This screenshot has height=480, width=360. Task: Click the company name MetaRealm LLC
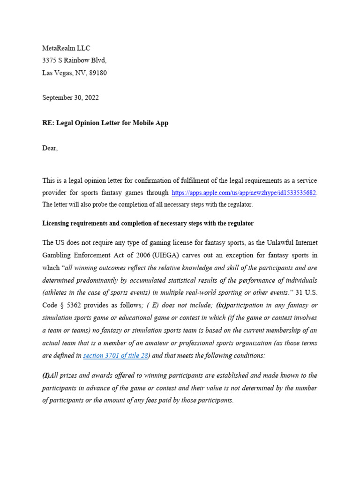[x=66, y=48]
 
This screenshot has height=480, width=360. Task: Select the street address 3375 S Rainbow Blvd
[x=75, y=60]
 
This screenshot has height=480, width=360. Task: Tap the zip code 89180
[x=97, y=73]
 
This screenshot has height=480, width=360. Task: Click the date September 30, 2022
[x=70, y=98]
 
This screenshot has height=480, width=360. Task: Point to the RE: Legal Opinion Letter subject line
[x=105, y=123]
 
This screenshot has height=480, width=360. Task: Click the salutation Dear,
[x=50, y=148]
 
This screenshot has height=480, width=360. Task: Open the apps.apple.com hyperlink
[x=244, y=193]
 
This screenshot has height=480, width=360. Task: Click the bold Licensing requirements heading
[x=148, y=223]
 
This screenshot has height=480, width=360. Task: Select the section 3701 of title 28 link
[x=115, y=356]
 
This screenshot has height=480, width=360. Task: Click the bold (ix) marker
[x=221, y=305]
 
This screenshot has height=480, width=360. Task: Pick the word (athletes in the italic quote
[x=56, y=292]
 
